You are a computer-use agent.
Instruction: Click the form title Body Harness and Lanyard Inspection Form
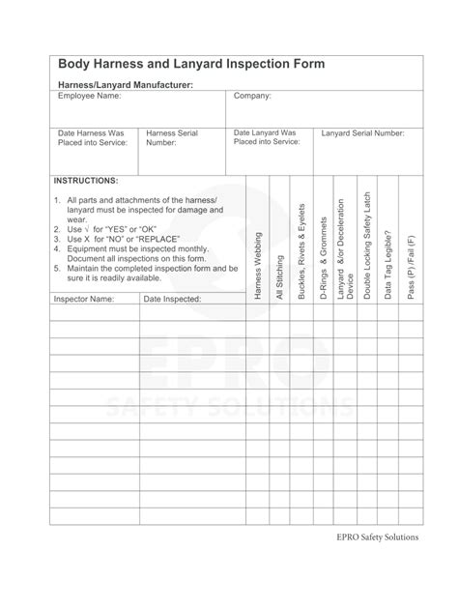(x=191, y=65)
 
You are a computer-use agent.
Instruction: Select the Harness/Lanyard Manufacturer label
(x=126, y=85)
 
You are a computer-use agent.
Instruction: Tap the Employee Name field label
(x=90, y=97)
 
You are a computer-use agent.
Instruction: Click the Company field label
(x=253, y=97)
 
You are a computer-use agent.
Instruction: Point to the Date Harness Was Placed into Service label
(x=92, y=137)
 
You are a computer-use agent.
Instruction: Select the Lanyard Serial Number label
(x=363, y=132)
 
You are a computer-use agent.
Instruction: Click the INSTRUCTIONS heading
(x=86, y=181)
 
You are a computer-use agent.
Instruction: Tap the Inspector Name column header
(x=84, y=299)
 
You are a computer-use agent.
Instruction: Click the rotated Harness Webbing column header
(x=258, y=265)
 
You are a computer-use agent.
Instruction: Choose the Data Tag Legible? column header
(x=389, y=263)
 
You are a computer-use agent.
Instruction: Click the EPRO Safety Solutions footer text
(x=378, y=566)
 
